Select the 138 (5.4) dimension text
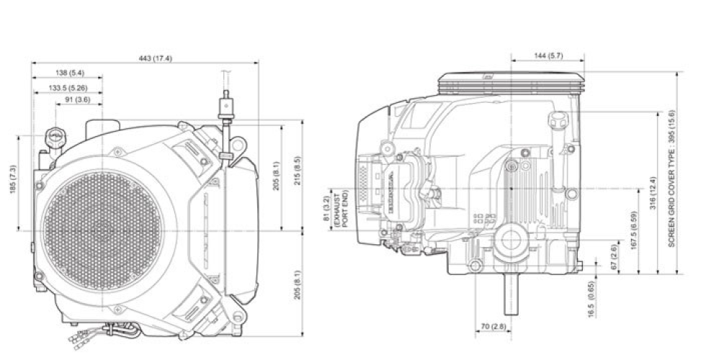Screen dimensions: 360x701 point(70,73)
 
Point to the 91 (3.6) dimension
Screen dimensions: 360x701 point(77,100)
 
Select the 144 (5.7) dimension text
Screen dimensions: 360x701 point(550,55)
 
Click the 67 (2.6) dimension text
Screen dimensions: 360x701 point(612,257)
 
